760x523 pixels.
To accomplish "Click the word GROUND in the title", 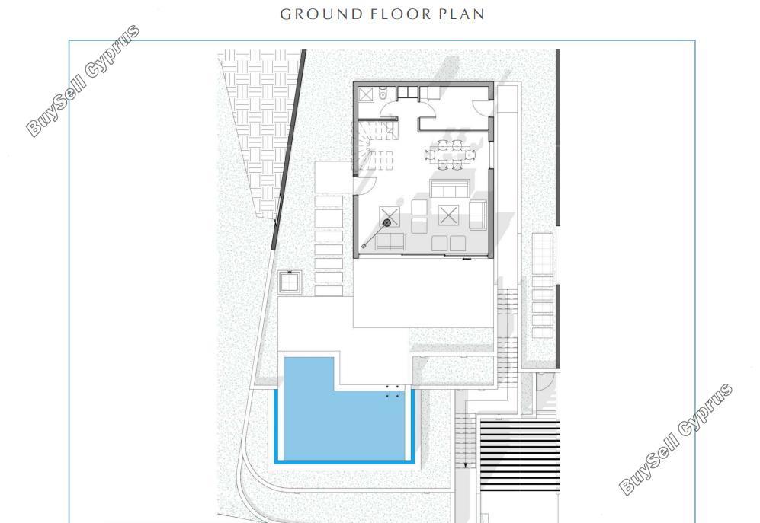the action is point(322,14).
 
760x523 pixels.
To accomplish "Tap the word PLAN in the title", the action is point(461,14).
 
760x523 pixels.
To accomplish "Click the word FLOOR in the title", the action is point(401,14).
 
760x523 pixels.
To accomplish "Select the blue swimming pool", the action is point(344,410).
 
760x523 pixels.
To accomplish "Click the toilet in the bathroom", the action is point(383,94).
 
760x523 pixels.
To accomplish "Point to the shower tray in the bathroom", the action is point(366,94).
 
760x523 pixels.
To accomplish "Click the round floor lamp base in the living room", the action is point(386,223).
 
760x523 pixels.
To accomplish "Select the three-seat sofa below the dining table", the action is point(450,189).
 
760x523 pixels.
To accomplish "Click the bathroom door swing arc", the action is point(388,110).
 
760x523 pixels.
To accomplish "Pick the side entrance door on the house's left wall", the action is point(367,185).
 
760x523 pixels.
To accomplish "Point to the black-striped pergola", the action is point(520,456).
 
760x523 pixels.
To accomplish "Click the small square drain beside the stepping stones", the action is point(290,282).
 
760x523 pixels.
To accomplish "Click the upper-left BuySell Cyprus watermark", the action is point(82,81).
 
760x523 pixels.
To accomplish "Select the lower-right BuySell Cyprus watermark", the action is point(675,439).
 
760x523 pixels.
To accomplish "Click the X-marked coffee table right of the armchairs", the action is point(448,215).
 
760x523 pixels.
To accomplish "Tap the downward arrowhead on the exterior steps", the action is point(465,466).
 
